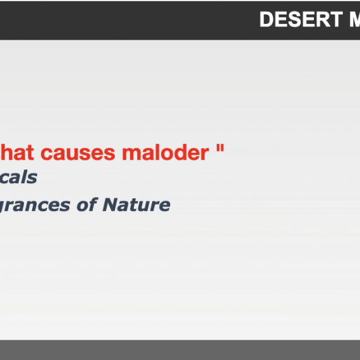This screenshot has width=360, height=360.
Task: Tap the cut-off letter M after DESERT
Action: (355, 20)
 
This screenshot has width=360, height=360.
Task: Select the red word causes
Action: (78, 153)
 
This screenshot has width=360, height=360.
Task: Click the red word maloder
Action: (165, 152)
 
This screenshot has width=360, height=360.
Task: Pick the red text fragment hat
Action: (17, 152)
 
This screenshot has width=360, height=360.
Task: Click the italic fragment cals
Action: (18, 177)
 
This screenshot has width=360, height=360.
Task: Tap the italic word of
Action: (87, 205)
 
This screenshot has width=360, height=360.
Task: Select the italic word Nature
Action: (136, 205)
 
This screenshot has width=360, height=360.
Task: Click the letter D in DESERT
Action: (267, 20)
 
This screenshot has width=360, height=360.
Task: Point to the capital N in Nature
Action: (111, 205)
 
